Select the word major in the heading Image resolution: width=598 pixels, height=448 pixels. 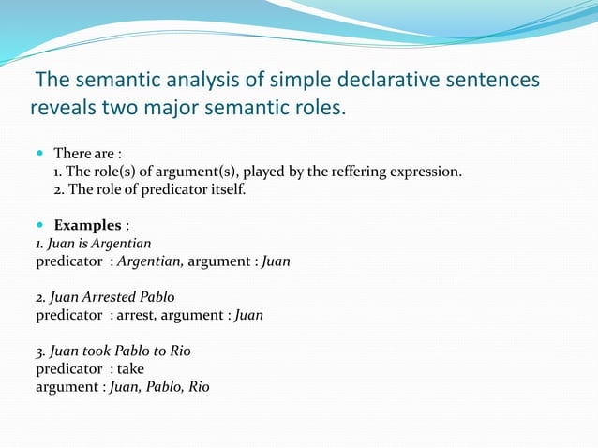[x=177, y=110]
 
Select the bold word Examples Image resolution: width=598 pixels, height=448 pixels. [x=88, y=225]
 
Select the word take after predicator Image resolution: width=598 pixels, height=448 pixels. [x=130, y=368]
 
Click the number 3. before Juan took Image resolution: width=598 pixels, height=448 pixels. [x=40, y=351]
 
